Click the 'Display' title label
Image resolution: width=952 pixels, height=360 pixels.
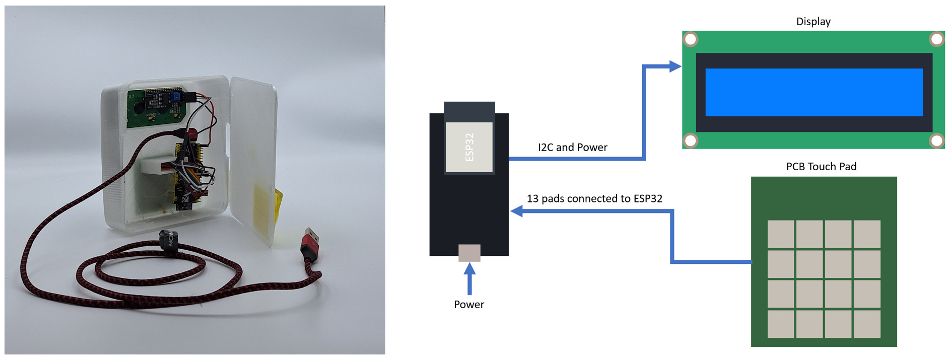pyautogui.click(x=813, y=22)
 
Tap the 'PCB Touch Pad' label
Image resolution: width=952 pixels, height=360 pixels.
pyautogui.click(x=821, y=167)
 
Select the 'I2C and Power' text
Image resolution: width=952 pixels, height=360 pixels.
pyautogui.click(x=572, y=148)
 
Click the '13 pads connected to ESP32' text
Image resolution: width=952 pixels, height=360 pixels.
pyautogui.click(x=594, y=199)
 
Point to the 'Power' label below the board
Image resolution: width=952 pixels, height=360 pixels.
pyautogui.click(x=468, y=305)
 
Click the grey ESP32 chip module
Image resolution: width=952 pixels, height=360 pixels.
pyautogui.click(x=469, y=147)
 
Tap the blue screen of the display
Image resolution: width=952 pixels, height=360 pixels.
pyautogui.click(x=813, y=92)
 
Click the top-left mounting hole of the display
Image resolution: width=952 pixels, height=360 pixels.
pyautogui.click(x=691, y=39)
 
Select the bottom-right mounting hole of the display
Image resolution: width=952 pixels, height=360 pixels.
pyautogui.click(x=936, y=140)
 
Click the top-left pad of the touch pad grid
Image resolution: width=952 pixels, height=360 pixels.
pyautogui.click(x=780, y=234)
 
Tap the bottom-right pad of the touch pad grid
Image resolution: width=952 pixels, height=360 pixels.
pyautogui.click(x=867, y=324)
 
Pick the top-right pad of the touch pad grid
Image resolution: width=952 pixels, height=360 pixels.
pyautogui.click(x=867, y=234)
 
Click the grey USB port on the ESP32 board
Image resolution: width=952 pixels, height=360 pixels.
pyautogui.click(x=469, y=253)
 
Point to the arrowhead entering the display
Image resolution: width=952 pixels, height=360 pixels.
pyautogui.click(x=674, y=66)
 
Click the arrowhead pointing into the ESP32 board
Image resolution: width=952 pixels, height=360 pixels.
pyautogui.click(x=517, y=211)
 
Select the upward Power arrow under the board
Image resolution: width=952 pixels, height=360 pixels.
pyautogui.click(x=469, y=279)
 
